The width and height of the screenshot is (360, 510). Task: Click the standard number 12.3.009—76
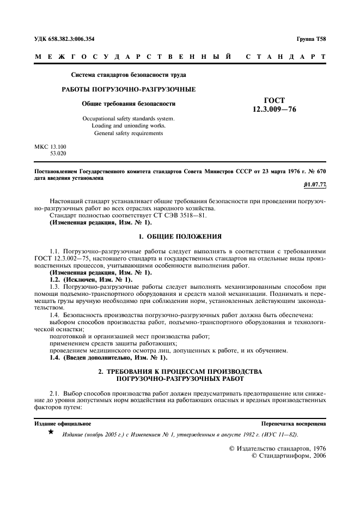(274, 109)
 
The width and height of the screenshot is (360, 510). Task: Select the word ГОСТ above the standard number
(274, 100)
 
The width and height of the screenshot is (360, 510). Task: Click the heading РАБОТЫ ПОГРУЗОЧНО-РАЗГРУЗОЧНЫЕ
(128, 89)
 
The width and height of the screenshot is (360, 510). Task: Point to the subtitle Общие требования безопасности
(129, 104)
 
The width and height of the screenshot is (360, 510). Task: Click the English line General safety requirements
(129, 133)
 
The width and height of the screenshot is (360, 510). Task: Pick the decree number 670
(319, 171)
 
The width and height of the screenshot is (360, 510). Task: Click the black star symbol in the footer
(51, 432)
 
